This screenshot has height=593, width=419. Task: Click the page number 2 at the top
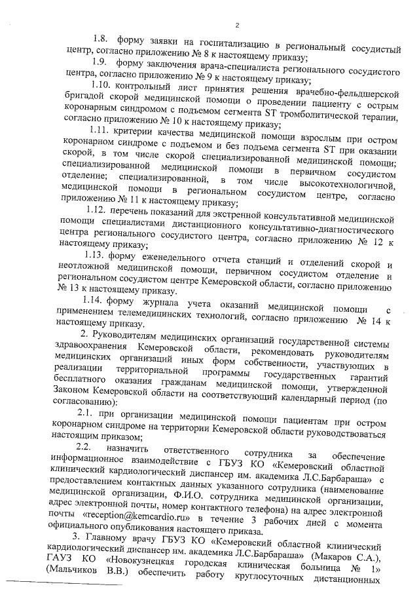[237, 26]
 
